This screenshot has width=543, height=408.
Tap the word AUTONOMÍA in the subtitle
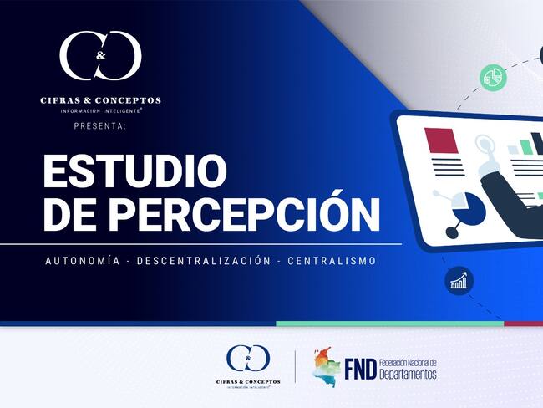pos(80,261)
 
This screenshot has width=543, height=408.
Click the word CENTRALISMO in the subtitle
pos(332,261)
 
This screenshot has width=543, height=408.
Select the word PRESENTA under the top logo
pos(100,126)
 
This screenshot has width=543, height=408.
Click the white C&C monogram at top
pos(100,56)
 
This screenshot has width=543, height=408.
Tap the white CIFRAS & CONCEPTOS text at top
pos(100,100)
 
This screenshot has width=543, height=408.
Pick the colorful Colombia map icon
pos(327,365)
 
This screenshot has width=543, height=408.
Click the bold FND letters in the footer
pos(359,369)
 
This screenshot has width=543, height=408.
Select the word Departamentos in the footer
pos(408,374)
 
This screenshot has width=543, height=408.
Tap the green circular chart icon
pos(494,77)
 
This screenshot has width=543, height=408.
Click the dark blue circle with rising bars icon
pos(459,281)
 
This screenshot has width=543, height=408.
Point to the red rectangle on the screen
pos(441,140)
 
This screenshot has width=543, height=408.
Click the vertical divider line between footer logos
pos(296,366)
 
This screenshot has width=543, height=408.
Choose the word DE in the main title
pos(63,214)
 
